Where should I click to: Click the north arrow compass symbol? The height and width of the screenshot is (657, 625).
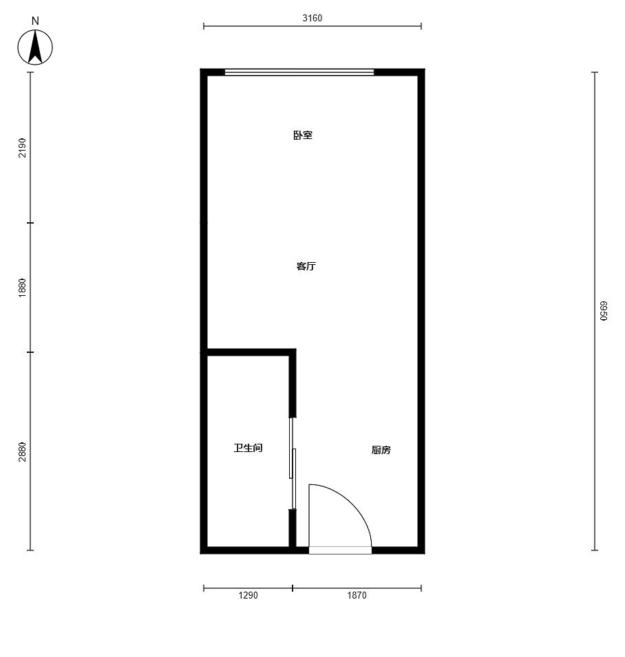coord(35,47)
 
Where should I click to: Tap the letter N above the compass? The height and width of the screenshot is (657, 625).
coord(35,21)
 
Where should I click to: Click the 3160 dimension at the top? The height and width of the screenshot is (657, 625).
coord(312,18)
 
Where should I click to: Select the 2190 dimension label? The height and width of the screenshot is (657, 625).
coord(22,148)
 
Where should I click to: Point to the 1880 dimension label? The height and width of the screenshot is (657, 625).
coord(22,288)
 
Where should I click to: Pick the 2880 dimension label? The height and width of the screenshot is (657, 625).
coord(22,452)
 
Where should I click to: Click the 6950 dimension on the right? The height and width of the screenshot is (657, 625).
coord(603,310)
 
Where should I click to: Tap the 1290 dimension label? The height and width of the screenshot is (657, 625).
coord(248,595)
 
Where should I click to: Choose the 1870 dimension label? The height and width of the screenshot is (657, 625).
coord(357,595)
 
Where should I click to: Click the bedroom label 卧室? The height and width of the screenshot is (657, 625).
coord(303,136)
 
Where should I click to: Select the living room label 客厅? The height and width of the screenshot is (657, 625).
coord(306,266)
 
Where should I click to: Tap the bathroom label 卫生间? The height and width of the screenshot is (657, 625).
coord(248,448)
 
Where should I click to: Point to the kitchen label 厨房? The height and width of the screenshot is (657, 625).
coord(381,450)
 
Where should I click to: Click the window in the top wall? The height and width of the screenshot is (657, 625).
coord(299,72)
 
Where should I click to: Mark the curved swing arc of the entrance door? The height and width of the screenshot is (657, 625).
coord(353,503)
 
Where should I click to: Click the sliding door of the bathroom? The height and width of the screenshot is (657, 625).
coord(293,464)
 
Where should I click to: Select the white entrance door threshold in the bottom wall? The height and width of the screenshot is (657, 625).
coord(340,550)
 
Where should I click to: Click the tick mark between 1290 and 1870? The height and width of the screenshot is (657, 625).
coord(293,588)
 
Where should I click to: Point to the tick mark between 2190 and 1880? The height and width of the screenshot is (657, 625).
coord(30,223)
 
